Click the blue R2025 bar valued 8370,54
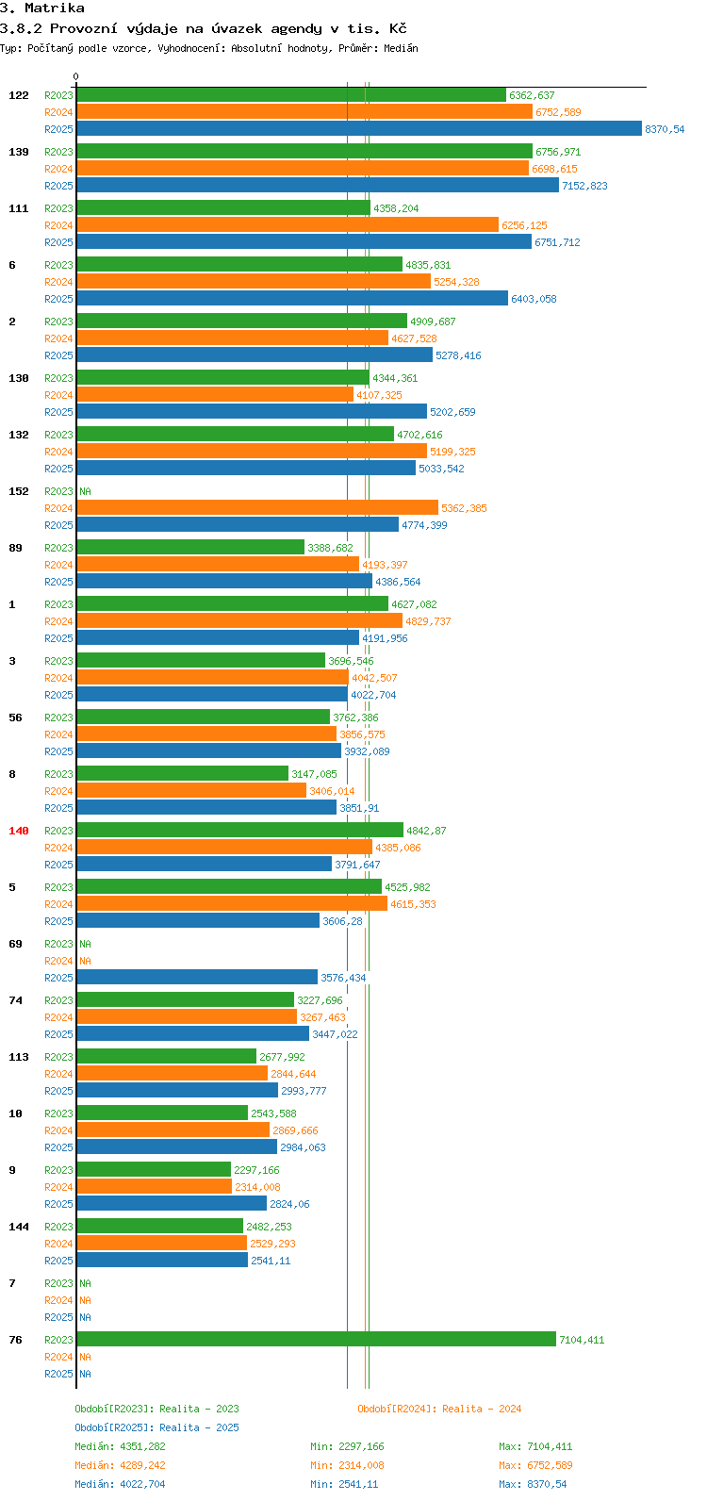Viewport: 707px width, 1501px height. click(358, 129)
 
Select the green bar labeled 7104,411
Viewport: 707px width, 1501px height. click(316, 1340)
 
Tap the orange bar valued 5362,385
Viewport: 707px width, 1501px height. click(256, 508)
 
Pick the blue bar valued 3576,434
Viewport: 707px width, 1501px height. click(197, 978)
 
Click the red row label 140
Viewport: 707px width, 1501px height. click(19, 831)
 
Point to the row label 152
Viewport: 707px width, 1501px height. click(19, 491)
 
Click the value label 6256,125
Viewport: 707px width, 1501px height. click(524, 225)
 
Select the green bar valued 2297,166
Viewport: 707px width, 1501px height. click(154, 1170)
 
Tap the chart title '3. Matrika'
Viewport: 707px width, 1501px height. click(42, 8)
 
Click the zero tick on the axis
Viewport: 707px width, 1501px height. click(76, 77)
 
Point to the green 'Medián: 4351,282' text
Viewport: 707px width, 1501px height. click(120, 1446)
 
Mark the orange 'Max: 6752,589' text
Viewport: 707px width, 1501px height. click(535, 1465)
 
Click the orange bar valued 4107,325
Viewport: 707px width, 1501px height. click(215, 395)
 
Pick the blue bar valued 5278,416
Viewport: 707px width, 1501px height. click(255, 355)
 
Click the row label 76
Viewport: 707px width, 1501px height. click(16, 1340)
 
